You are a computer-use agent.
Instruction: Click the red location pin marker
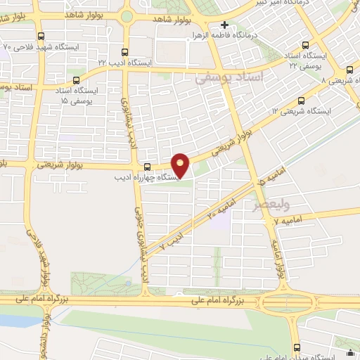(181, 165)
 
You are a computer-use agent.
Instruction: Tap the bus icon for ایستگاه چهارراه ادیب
(148, 167)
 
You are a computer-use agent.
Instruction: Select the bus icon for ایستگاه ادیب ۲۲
(125, 51)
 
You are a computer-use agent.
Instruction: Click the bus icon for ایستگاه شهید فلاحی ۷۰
(40, 36)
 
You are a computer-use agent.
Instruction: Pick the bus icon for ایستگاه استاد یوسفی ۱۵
(76, 80)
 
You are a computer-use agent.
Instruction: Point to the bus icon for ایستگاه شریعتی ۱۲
(302, 101)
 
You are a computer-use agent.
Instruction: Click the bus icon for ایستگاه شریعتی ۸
(350, 69)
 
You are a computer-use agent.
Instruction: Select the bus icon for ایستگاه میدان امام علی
(296, 347)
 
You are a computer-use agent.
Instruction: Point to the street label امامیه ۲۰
(221, 210)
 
